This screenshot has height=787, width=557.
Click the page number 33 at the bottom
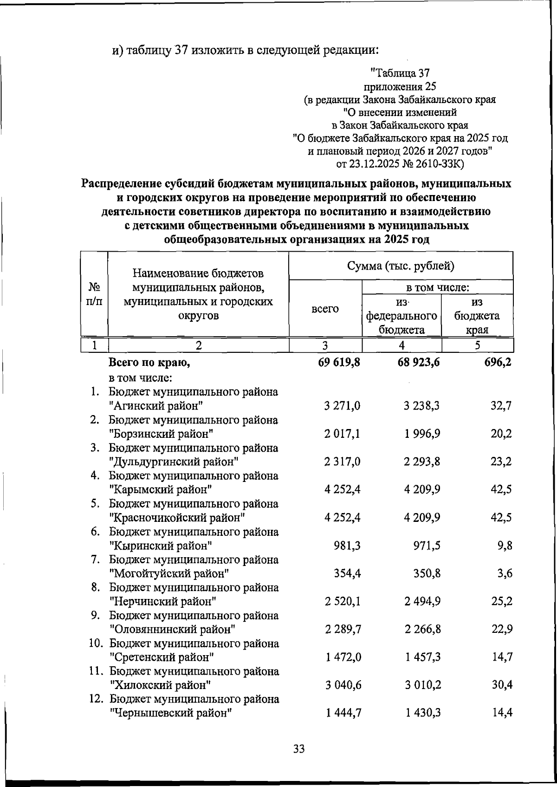(x=299, y=749)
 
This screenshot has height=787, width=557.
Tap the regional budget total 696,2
(x=496, y=362)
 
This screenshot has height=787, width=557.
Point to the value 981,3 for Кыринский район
(x=347, y=546)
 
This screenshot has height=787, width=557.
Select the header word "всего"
(x=325, y=309)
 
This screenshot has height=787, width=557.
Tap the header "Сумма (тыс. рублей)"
(x=401, y=266)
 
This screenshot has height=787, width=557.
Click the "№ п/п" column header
(x=94, y=294)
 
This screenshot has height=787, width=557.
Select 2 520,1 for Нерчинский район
(x=343, y=602)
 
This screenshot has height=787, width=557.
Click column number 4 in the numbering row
(x=402, y=345)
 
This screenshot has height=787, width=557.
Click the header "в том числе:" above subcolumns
(x=438, y=287)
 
